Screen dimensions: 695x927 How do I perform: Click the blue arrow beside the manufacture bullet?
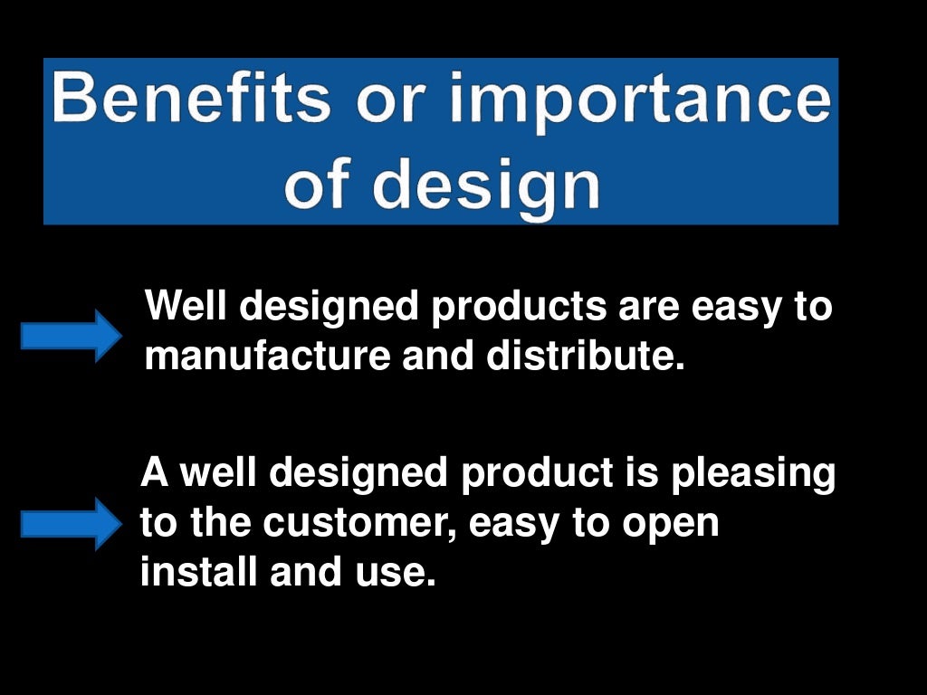tap(72, 335)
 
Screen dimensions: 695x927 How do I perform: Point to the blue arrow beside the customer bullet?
tap(71, 523)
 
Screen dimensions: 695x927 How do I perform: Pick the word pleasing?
tap(753, 474)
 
